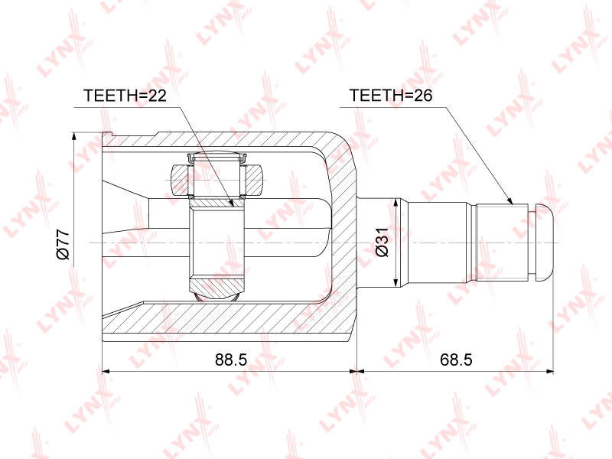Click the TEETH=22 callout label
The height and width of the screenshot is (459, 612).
pyautogui.click(x=125, y=96)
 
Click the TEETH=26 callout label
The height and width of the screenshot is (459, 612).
pyautogui.click(x=391, y=96)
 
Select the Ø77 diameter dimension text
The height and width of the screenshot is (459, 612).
pyautogui.click(x=63, y=245)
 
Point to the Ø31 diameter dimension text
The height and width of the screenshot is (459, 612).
pyautogui.click(x=382, y=242)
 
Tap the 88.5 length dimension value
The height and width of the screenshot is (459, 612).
pyautogui.click(x=231, y=360)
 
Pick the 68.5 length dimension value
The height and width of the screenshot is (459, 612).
pyautogui.click(x=456, y=360)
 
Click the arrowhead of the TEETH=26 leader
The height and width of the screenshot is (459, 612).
pyautogui.click(x=509, y=200)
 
